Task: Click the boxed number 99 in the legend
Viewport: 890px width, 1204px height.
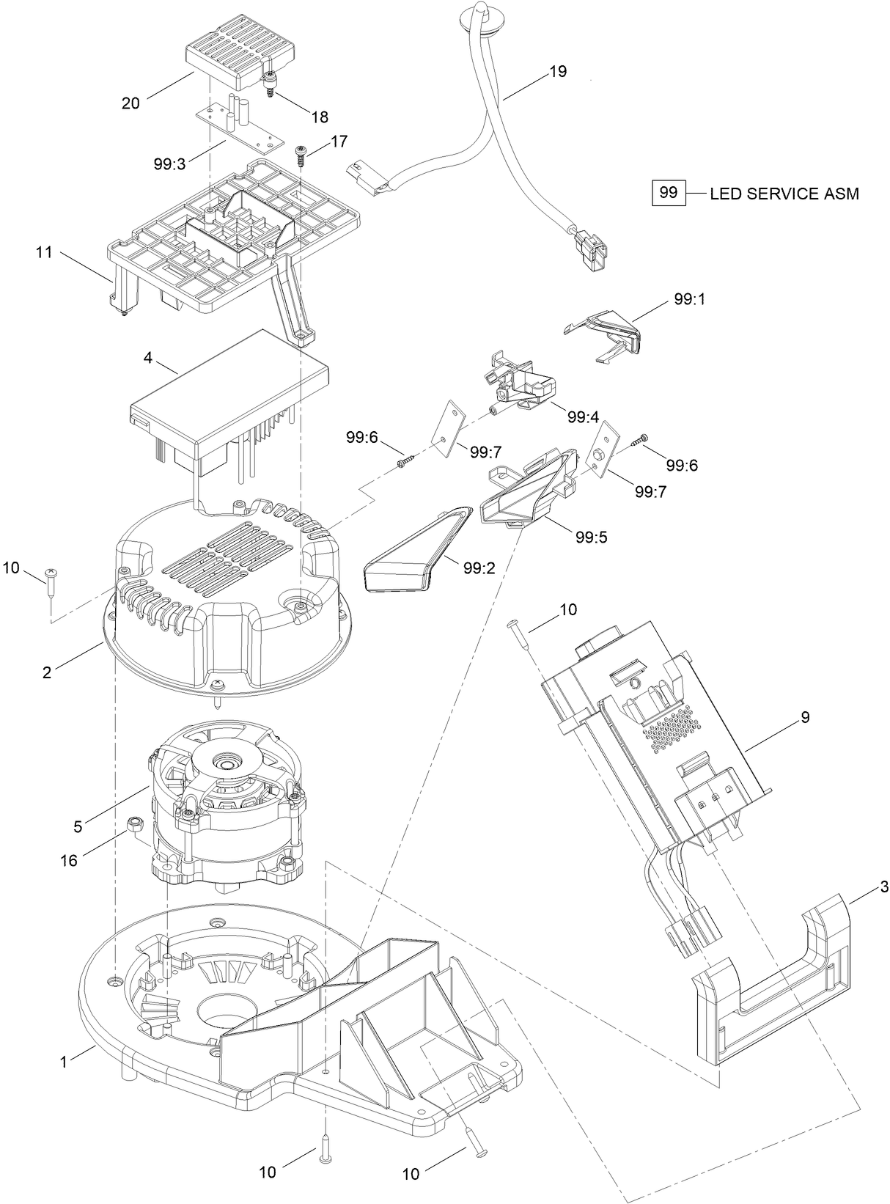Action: (669, 193)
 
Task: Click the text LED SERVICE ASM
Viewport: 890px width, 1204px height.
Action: (784, 194)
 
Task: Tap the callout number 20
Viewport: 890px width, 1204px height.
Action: (130, 103)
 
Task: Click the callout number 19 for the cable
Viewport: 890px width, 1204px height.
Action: (558, 72)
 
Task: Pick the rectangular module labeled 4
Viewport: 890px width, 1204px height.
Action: (227, 396)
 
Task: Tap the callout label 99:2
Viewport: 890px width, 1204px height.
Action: (479, 567)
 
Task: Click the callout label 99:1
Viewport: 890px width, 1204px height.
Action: (689, 300)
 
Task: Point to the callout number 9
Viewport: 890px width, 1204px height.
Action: (805, 718)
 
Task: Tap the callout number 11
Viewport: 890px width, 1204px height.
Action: (45, 252)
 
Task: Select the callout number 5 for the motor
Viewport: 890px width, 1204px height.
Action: (78, 826)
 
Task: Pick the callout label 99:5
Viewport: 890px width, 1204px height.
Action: (591, 537)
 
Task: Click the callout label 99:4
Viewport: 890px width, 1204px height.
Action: (583, 417)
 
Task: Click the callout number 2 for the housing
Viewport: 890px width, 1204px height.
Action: (47, 672)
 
